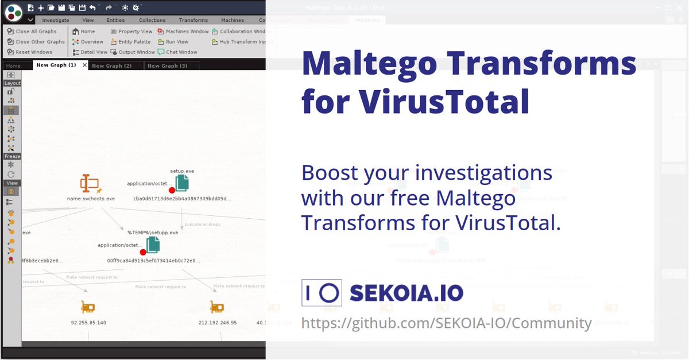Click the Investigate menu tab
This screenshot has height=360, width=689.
click(x=56, y=20)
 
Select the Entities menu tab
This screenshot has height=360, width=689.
click(x=115, y=20)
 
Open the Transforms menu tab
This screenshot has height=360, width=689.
click(x=193, y=20)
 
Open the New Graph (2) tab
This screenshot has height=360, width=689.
click(x=111, y=65)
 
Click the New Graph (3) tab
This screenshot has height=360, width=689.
click(x=167, y=65)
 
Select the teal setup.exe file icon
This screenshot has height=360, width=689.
click(x=182, y=183)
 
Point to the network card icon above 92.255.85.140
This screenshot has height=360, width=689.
click(x=88, y=307)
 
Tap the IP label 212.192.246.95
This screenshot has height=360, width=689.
click(x=217, y=323)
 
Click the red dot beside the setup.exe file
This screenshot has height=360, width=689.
click(x=171, y=190)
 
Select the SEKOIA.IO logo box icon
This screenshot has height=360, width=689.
click(x=322, y=293)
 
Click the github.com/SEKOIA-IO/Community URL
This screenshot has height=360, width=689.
click(x=446, y=323)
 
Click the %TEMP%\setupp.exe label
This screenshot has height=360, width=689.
click(x=153, y=233)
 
